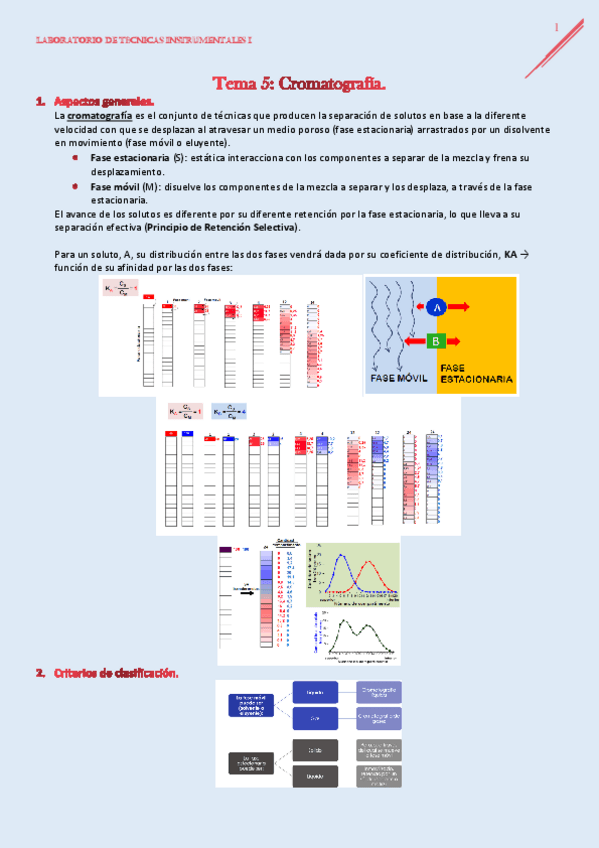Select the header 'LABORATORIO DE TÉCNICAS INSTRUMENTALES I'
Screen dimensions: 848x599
coord(144,41)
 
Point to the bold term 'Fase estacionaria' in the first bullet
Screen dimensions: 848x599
coord(129,158)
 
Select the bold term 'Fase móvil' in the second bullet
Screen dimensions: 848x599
coord(115,186)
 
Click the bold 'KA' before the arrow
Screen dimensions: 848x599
coord(512,255)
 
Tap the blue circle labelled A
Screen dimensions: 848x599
coord(436,309)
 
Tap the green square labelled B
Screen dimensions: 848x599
coord(436,342)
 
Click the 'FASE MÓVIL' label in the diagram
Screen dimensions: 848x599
coord(400,379)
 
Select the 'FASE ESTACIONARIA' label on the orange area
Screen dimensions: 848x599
coord(477,374)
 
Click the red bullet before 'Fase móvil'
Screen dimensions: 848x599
coord(76,186)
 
